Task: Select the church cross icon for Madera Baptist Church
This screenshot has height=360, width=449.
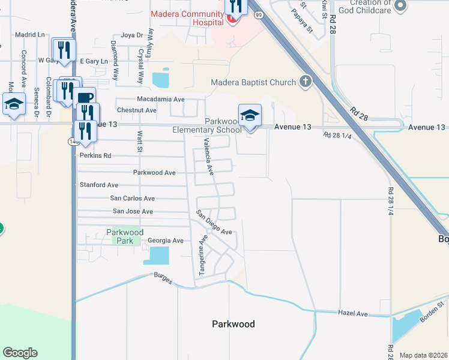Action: click(x=305, y=82)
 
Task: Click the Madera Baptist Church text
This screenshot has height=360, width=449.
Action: click(x=253, y=82)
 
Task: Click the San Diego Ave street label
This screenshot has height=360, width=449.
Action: click(x=214, y=223)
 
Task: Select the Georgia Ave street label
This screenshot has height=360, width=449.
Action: click(x=166, y=241)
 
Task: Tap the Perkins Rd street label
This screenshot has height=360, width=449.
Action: click(x=95, y=155)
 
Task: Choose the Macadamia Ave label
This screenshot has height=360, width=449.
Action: click(x=160, y=98)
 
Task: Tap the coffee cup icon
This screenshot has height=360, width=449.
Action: click(x=85, y=98)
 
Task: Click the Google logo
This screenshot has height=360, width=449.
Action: click(x=20, y=353)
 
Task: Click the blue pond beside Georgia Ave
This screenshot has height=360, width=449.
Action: click(x=156, y=256)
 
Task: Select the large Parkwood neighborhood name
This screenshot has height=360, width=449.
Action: click(x=234, y=324)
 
